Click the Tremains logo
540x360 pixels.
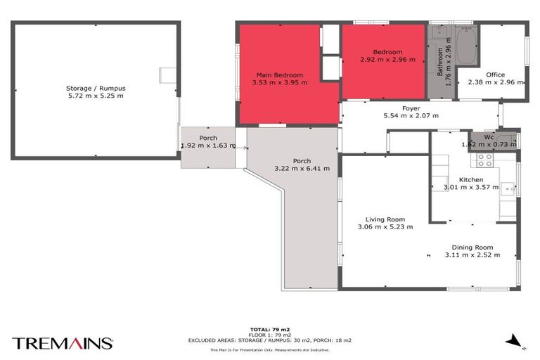point(62,343)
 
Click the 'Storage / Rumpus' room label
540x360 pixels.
point(95,88)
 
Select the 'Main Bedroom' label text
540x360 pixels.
point(279,75)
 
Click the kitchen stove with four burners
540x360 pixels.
point(485,160)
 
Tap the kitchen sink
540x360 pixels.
point(508,188)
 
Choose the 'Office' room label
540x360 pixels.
point(496,75)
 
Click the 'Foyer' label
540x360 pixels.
point(411,108)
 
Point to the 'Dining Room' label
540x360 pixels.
point(472,247)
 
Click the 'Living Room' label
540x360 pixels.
point(385,219)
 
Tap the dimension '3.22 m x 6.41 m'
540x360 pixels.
point(302,168)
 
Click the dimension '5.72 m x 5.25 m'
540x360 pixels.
point(95,96)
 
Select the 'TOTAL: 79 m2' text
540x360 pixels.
point(269,328)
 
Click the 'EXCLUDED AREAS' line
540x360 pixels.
point(269,340)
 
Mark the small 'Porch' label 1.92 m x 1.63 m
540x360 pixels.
point(208,138)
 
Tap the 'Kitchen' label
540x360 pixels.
point(471,180)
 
